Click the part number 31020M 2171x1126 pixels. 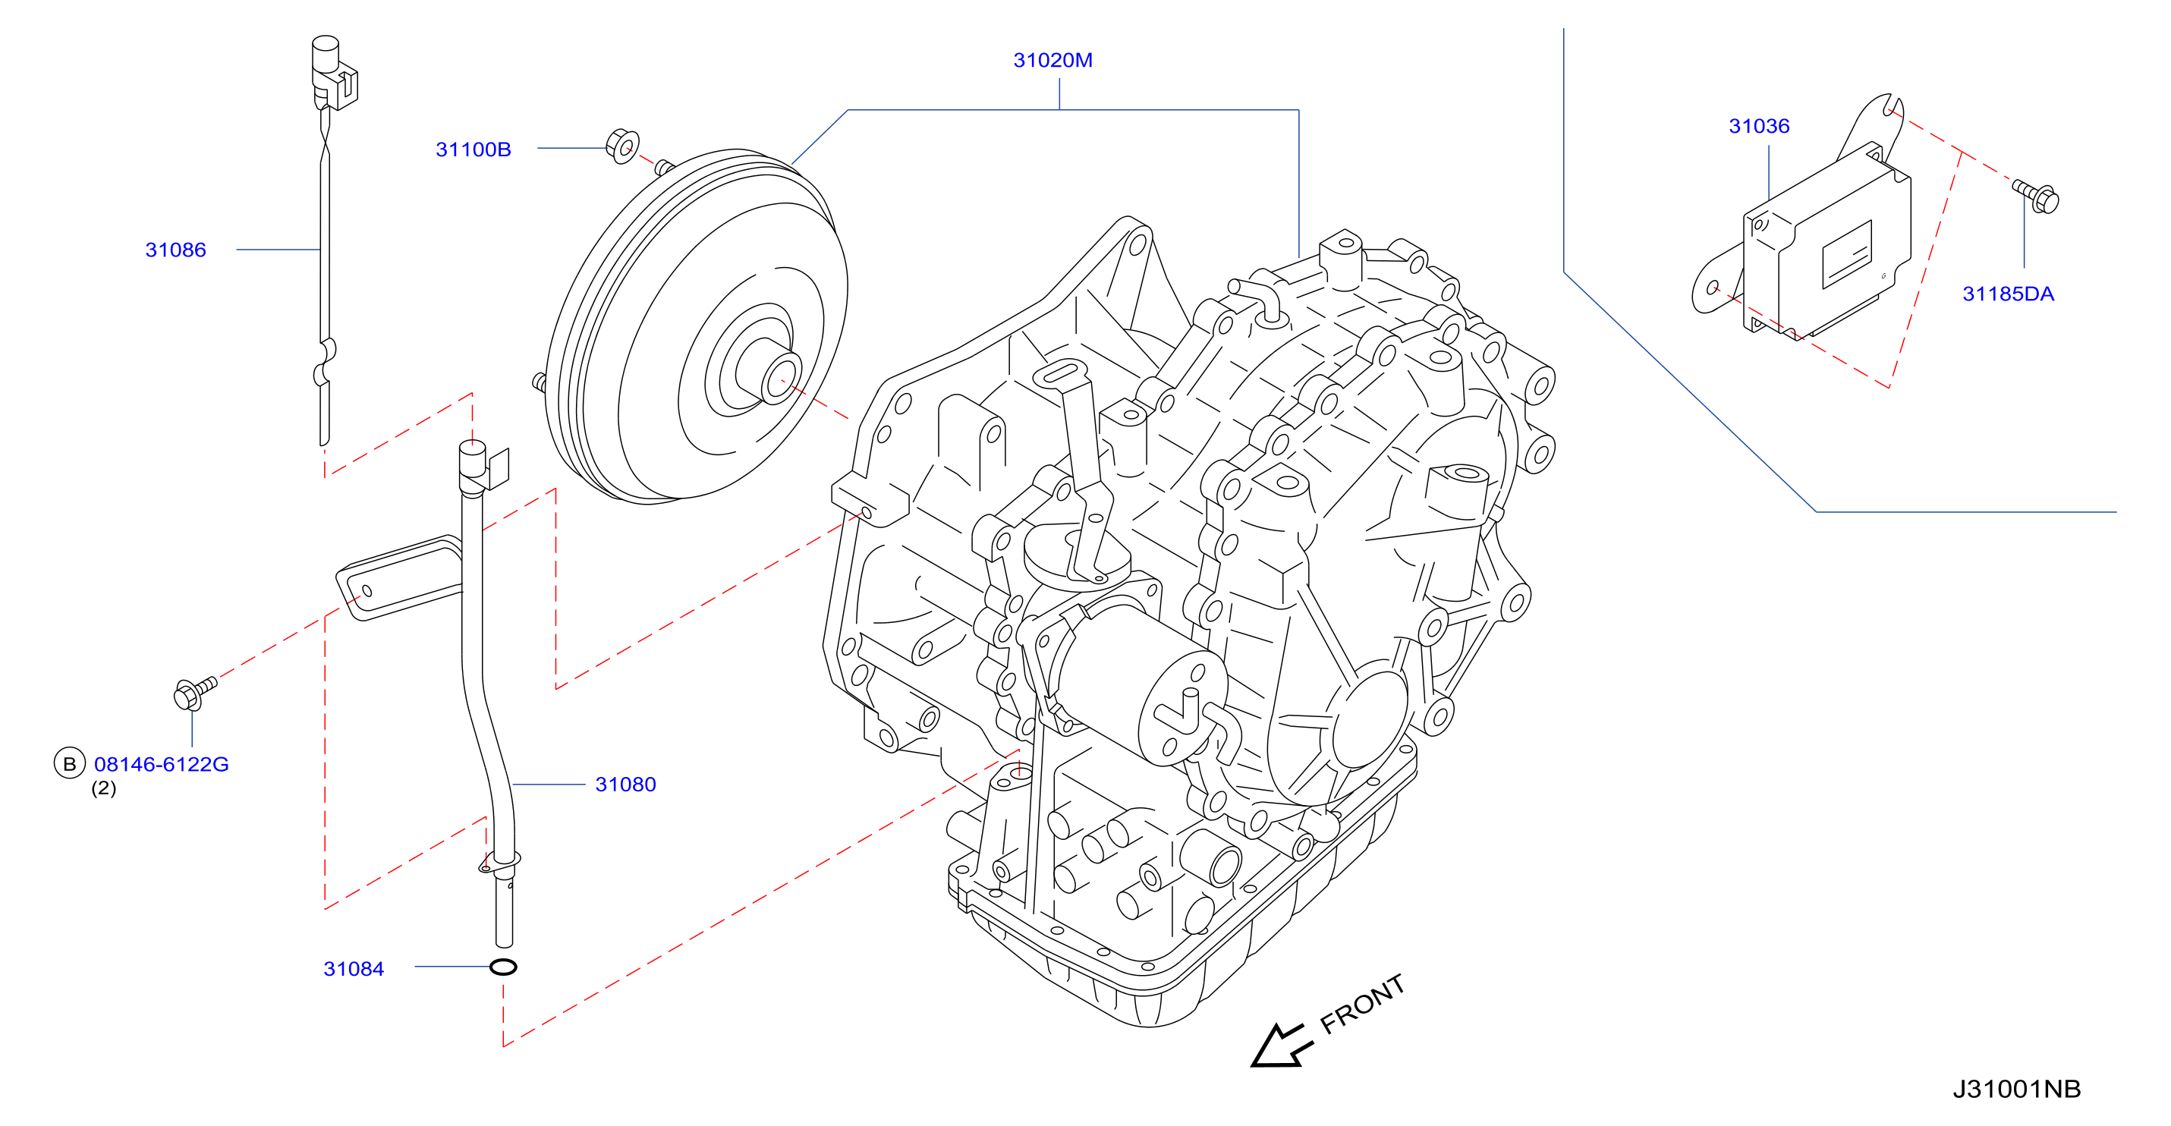(x=1052, y=61)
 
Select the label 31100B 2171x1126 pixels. (x=473, y=150)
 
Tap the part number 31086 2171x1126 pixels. (x=175, y=250)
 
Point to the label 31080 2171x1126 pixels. (x=625, y=785)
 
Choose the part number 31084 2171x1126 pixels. (x=353, y=969)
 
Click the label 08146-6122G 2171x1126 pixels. (x=161, y=764)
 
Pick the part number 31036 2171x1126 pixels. (x=1759, y=127)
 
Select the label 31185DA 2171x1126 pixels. (x=2008, y=294)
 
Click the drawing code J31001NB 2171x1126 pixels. (x=2017, y=1089)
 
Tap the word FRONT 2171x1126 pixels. (x=1362, y=1004)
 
